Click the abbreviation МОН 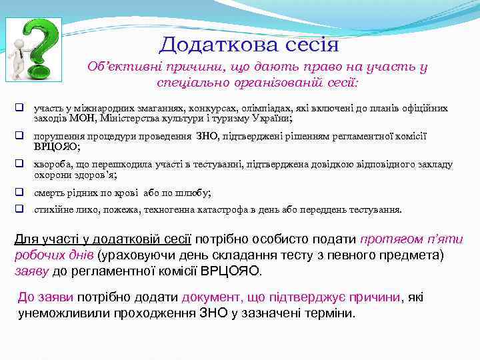click(82, 118)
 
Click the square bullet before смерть click(21, 193)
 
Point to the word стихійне click(55, 209)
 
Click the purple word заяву click(31, 271)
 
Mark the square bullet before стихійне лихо click(21, 209)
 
